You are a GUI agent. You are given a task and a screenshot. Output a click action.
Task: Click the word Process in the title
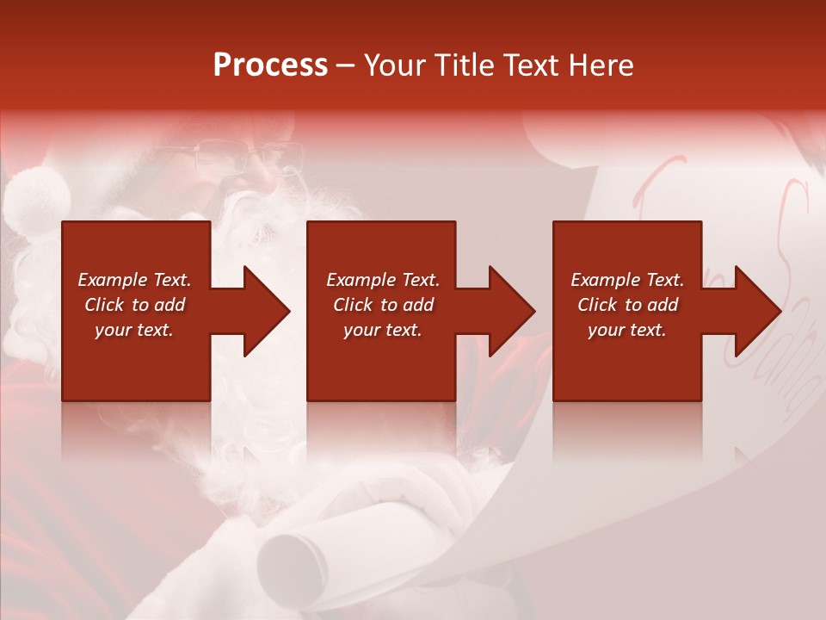tap(270, 65)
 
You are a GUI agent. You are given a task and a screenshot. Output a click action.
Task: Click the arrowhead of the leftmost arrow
tap(268, 311)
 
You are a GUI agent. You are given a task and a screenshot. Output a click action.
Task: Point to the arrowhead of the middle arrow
tap(513, 311)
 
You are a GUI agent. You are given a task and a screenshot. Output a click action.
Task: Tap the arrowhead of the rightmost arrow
tap(759, 311)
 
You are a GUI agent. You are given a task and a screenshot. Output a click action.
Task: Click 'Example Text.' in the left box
tap(134, 280)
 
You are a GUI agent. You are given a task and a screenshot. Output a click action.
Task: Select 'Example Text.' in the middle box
tap(383, 280)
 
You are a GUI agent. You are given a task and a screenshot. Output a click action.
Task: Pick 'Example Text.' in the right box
tap(627, 280)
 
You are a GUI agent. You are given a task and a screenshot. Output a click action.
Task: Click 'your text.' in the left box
tap(134, 330)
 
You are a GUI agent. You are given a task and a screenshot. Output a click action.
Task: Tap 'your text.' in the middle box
tap(383, 330)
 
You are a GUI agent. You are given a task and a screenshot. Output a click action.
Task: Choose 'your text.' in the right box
tap(627, 330)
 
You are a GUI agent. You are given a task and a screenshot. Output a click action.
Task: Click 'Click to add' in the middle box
tap(383, 305)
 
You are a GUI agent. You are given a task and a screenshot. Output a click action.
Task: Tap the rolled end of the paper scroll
tap(293, 560)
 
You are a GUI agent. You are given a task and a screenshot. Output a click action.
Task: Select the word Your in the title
tap(395, 65)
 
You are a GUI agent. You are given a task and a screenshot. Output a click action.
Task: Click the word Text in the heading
tap(527, 65)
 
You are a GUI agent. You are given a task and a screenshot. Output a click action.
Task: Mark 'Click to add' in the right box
tap(627, 305)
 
